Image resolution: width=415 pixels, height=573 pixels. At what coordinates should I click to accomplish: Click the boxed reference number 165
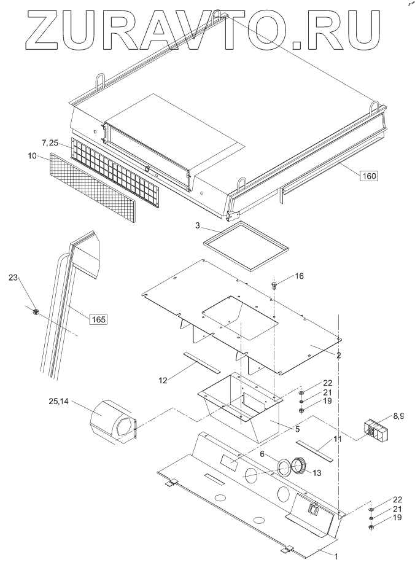tap(98, 319)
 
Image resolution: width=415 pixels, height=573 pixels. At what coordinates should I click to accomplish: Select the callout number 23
tap(13, 278)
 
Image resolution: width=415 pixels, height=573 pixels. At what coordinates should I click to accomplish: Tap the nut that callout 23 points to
tap(36, 312)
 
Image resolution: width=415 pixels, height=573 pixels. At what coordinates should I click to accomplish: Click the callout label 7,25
tap(50, 142)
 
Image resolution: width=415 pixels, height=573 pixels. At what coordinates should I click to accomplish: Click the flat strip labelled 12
tap(201, 362)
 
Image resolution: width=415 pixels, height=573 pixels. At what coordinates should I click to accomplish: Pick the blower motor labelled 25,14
tap(114, 423)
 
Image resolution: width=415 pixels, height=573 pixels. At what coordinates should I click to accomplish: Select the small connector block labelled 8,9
tap(373, 430)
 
